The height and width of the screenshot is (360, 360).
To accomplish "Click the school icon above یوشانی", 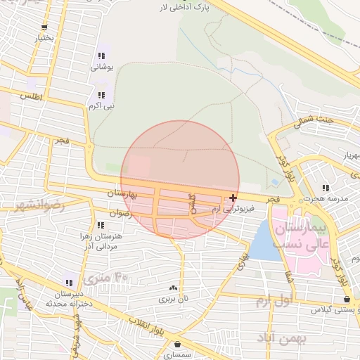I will [x=102, y=56].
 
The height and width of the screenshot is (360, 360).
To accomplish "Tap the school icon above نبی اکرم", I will [x=102, y=94].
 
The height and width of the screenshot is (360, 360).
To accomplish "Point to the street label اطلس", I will [x=32, y=95].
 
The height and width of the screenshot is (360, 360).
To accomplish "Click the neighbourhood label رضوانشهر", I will [x=39, y=205].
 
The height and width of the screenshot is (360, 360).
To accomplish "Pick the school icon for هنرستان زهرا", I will [x=101, y=225].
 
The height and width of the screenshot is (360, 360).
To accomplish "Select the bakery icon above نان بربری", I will [x=173, y=288].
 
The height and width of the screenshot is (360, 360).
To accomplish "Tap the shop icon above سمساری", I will [x=176, y=345].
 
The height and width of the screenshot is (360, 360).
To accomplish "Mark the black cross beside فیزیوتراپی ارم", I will [x=233, y=198].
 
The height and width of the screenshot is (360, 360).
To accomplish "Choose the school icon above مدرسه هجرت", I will [x=325, y=188].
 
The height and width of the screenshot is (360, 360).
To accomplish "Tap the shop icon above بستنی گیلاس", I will [x=347, y=299].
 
